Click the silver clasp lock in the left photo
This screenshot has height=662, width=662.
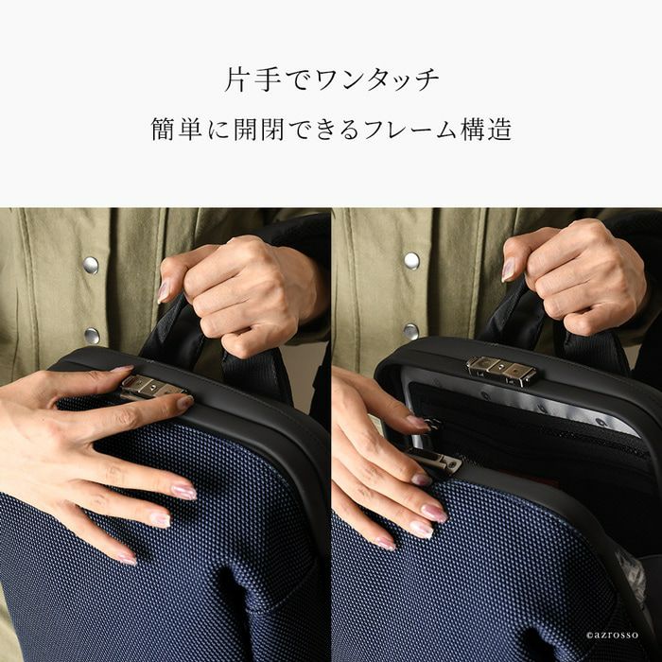pos(153,387)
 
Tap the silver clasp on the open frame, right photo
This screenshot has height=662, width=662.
pos(501,371)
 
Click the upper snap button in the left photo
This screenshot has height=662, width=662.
pos(91,265)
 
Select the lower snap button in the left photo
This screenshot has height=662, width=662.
pos(92,336)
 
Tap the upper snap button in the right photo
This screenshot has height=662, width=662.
pos(411,261)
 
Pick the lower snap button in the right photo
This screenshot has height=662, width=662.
pos(410,331)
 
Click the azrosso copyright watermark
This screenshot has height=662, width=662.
pos(612,635)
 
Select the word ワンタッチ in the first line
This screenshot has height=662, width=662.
pos(377,80)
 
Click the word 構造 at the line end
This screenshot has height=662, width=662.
pos(485,130)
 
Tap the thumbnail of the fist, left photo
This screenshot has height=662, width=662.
pos(164,291)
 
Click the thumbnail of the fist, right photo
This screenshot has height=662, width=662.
pos(509,269)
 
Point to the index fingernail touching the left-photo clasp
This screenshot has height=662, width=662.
pos(185,402)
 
